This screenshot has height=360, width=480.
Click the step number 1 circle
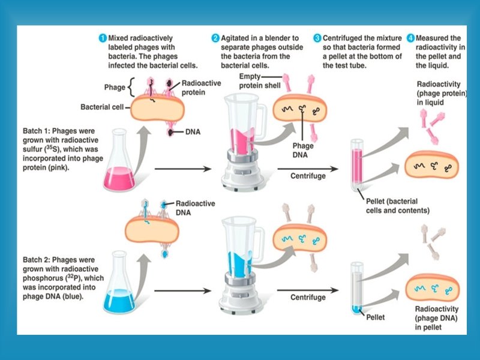pos(103,38)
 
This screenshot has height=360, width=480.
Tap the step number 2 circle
pos(215,38)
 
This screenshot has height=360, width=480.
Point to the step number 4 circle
pos(410,38)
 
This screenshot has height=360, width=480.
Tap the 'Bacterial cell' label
pos(102,107)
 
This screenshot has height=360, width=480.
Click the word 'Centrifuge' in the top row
pos(308,176)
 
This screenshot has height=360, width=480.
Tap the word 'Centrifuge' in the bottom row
pos(308,297)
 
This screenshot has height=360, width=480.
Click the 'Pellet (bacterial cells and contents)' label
pos(397,206)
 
